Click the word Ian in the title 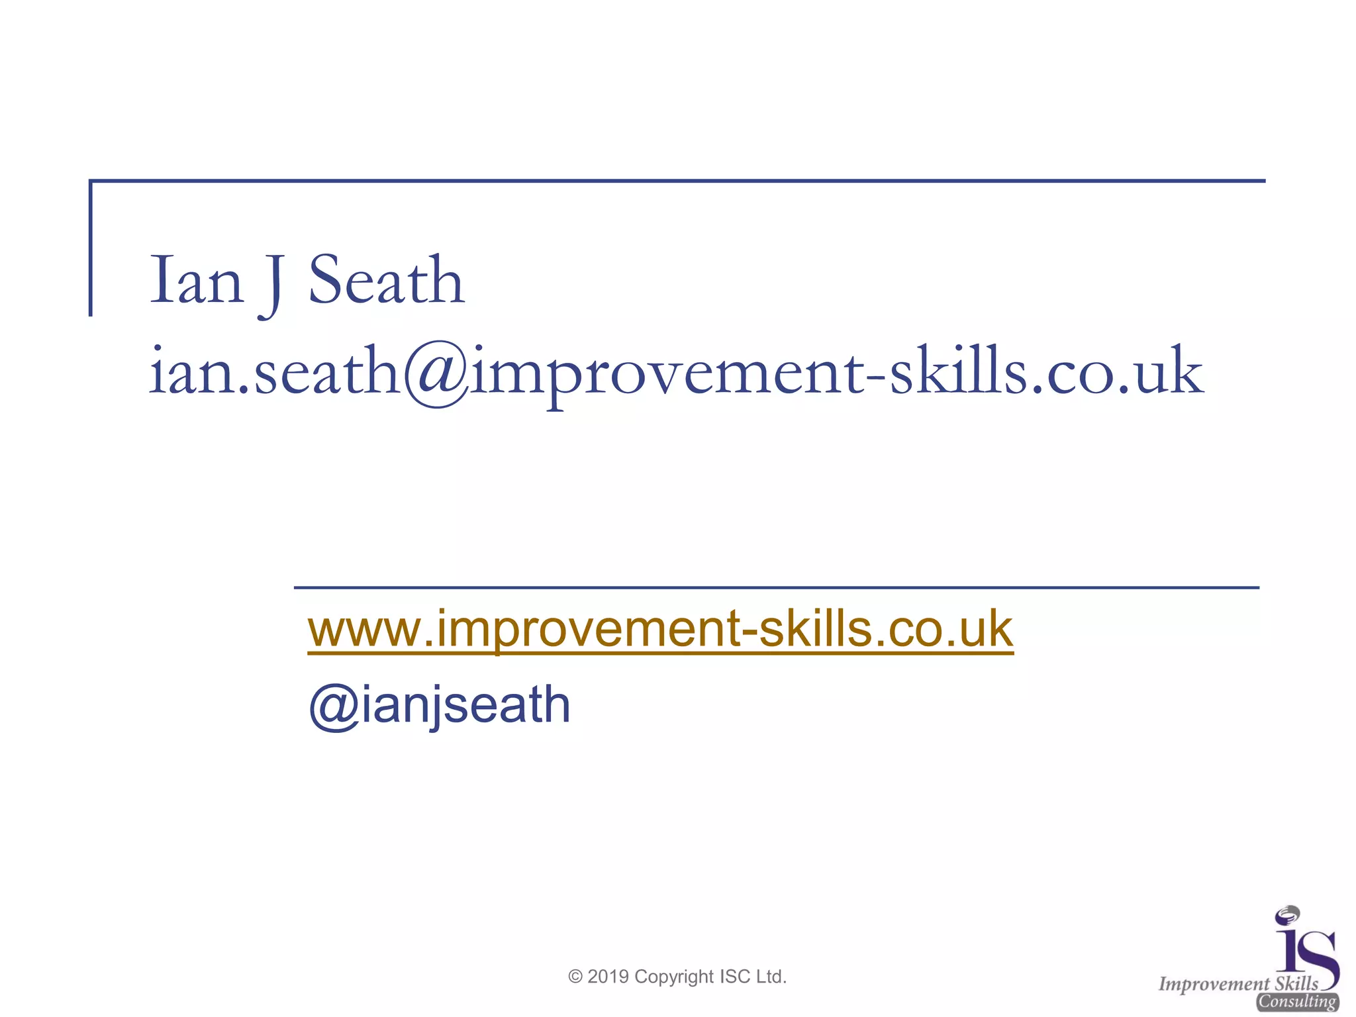197,281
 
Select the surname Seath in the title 386,281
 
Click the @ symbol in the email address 436,373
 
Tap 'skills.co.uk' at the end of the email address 1046,372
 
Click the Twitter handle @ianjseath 440,705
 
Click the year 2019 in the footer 608,977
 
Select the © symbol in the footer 575,977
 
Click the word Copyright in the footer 674,977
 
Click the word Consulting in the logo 1298,1002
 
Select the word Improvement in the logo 1214,985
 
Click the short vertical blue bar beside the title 91,248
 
